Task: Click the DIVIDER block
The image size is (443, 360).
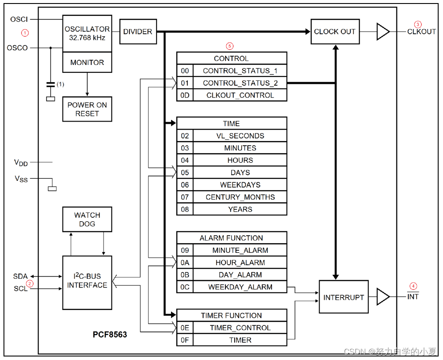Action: pyautogui.click(x=138, y=32)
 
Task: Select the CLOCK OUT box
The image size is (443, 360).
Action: pyautogui.click(x=335, y=32)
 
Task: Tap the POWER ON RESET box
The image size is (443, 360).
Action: pyautogui.click(x=87, y=109)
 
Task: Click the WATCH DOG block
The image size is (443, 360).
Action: pyautogui.click(x=87, y=220)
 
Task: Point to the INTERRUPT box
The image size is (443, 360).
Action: pyautogui.click(x=343, y=297)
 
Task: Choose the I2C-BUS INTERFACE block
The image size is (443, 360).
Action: pyautogui.click(x=87, y=281)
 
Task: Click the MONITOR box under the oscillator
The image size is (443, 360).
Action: pyautogui.click(x=87, y=62)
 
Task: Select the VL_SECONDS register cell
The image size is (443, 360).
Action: pyautogui.click(x=240, y=136)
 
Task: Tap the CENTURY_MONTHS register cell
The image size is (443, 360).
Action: pyautogui.click(x=240, y=197)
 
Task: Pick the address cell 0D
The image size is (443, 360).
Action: pyautogui.click(x=185, y=95)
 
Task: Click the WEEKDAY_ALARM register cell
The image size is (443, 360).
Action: pyautogui.click(x=240, y=287)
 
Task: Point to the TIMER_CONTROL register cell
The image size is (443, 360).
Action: pyautogui.click(x=240, y=328)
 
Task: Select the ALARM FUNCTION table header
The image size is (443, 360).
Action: pyautogui.click(x=232, y=238)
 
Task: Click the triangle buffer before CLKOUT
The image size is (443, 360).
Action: pyautogui.click(x=382, y=32)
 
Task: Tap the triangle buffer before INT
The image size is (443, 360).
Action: pyautogui.click(x=382, y=297)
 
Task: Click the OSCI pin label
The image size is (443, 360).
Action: pyautogui.click(x=19, y=20)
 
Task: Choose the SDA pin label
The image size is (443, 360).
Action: pyautogui.click(x=20, y=277)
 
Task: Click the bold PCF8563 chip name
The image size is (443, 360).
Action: pyautogui.click(x=110, y=335)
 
